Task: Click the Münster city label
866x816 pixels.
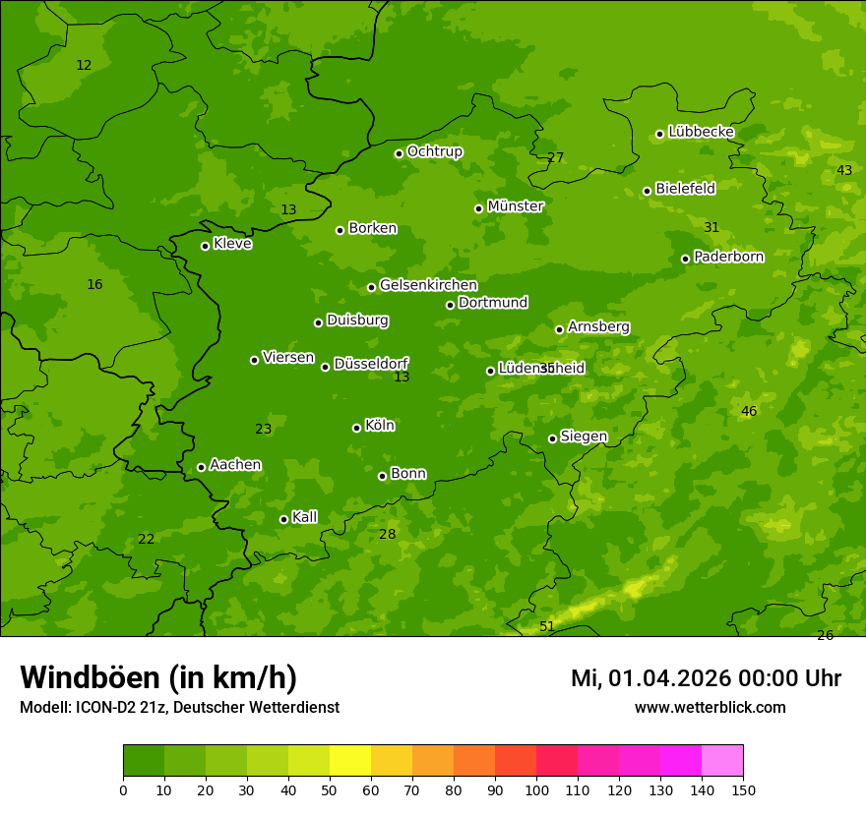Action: tap(516, 206)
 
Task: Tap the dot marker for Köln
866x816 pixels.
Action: tap(356, 428)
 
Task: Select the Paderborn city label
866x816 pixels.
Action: tap(728, 257)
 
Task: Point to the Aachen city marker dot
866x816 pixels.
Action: tap(201, 467)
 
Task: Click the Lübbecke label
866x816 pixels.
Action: tap(701, 132)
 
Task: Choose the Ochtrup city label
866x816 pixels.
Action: tap(434, 151)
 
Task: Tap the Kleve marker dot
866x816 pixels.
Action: tap(205, 246)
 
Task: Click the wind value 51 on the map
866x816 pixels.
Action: tap(547, 626)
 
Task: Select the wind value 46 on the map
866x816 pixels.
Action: tap(749, 411)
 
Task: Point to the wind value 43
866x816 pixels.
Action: tap(844, 170)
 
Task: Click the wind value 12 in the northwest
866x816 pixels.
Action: tap(84, 65)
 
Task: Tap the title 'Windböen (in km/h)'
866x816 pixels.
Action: tap(158, 677)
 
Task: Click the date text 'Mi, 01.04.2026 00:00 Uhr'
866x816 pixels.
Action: tap(706, 678)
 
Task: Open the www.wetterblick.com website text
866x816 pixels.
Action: tap(710, 707)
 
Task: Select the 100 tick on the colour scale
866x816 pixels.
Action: tap(536, 789)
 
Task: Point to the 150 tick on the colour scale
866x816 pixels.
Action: tap(743, 789)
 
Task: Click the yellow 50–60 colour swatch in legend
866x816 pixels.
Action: tap(350, 761)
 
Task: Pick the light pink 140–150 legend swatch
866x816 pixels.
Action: tap(722, 761)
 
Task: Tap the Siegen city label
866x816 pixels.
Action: tap(584, 437)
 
